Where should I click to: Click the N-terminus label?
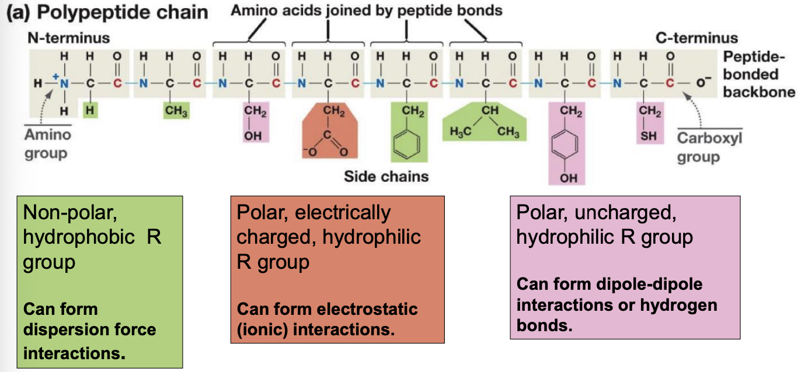pos(68,38)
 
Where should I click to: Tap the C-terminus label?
pos(696,38)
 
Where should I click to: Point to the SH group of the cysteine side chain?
pos(649,135)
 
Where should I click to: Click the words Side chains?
pos(386,176)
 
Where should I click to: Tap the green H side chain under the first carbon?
pos(89,110)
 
